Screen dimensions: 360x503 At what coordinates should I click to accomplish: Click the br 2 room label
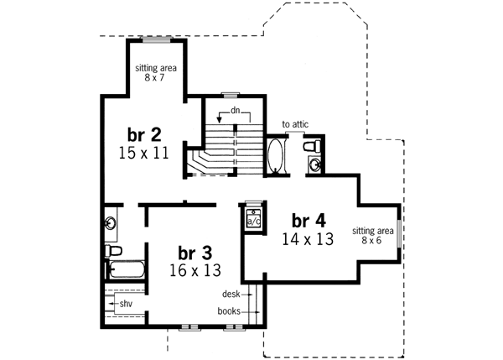click(144, 134)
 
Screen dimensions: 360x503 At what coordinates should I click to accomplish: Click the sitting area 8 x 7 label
click(156, 72)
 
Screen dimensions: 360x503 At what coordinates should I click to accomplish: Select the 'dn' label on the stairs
click(237, 111)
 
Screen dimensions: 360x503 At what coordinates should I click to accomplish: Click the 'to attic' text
click(295, 124)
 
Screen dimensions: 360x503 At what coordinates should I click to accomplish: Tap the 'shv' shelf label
click(126, 303)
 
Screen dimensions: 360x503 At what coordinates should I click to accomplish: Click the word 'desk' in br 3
click(231, 295)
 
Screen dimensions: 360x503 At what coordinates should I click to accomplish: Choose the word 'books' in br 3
click(229, 311)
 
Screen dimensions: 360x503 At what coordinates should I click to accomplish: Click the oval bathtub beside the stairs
click(276, 157)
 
